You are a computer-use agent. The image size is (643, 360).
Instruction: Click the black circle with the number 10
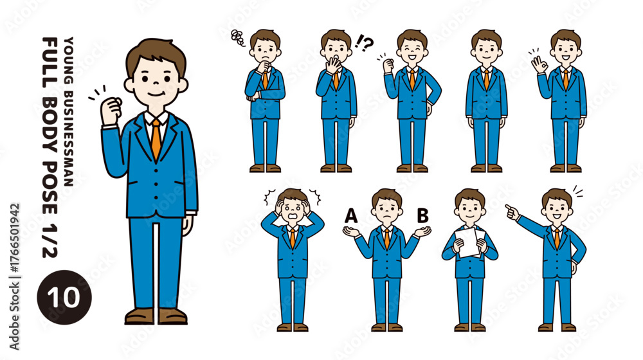[x=64, y=297]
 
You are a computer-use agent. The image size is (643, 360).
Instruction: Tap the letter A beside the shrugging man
[x=350, y=215]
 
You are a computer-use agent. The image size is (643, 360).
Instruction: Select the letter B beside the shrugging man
[x=423, y=215]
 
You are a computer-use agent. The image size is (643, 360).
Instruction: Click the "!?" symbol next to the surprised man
[x=364, y=42]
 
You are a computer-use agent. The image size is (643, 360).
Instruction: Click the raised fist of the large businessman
[x=111, y=110]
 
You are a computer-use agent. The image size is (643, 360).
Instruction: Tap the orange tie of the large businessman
[x=156, y=139]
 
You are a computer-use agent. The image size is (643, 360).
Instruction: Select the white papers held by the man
[x=469, y=242]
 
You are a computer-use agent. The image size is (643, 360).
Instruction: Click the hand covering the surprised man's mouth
[x=334, y=66]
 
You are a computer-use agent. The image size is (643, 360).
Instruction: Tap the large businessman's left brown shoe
[x=139, y=316]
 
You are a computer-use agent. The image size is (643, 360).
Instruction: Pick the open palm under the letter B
[x=422, y=231]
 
